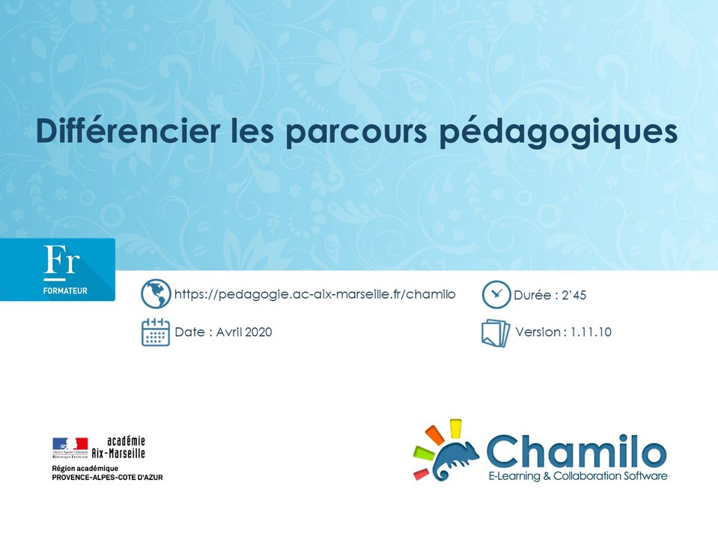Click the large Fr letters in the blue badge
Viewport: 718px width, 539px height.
[x=62, y=261]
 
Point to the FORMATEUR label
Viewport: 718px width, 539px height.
[x=64, y=290]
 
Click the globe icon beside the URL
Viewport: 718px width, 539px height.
[x=156, y=294]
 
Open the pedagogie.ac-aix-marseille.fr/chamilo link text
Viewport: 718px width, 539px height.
[x=314, y=294]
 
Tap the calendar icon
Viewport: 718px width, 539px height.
[x=156, y=332]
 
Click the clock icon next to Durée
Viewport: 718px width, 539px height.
[x=495, y=294]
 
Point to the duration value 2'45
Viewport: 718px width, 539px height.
[x=573, y=295]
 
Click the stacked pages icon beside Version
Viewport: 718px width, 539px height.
[x=495, y=333]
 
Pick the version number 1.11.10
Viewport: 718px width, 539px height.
[x=590, y=332]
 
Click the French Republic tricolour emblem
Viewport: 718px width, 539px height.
[x=70, y=447]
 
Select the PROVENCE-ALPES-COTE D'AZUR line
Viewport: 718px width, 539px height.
[x=107, y=477]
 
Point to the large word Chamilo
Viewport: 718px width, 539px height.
[x=576, y=451]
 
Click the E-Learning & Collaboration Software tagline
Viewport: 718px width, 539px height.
[x=576, y=476]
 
